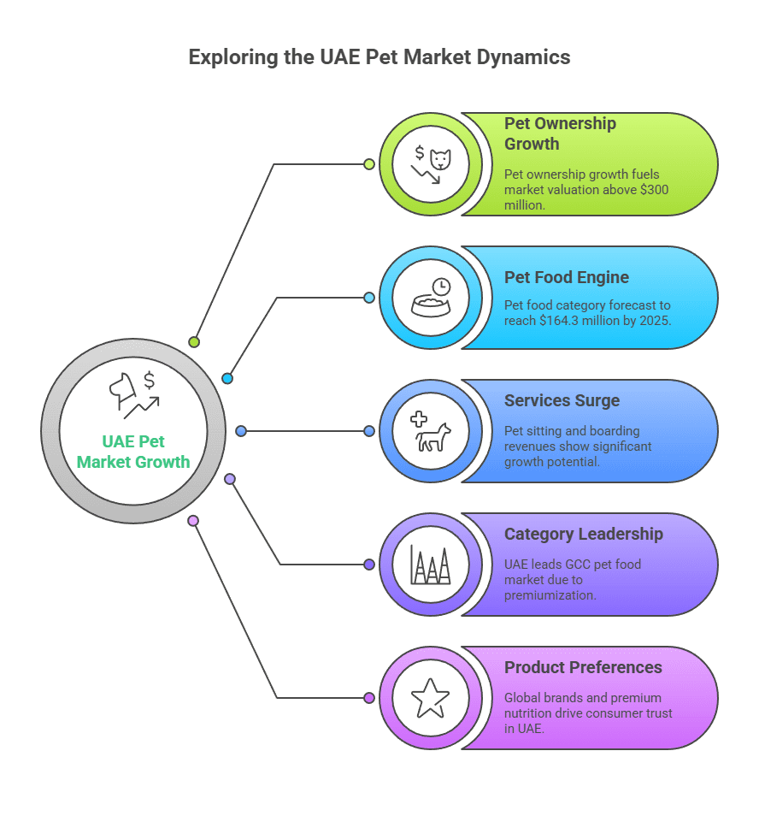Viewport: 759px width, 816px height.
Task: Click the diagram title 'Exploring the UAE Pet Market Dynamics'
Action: pyautogui.click(x=379, y=58)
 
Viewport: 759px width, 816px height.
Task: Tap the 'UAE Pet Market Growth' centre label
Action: pyautogui.click(x=133, y=452)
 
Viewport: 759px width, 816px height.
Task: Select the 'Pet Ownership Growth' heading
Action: pyautogui.click(x=560, y=133)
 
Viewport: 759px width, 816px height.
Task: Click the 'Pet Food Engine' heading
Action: pyautogui.click(x=566, y=277)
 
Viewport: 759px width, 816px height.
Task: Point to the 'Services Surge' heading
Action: pyautogui.click(x=562, y=400)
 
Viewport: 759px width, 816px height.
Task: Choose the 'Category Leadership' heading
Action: pyautogui.click(x=583, y=534)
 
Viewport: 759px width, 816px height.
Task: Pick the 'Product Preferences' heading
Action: pyautogui.click(x=583, y=667)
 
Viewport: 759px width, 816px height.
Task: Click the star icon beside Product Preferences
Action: pyautogui.click(x=430, y=698)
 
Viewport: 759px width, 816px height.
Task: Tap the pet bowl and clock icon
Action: pyautogui.click(x=430, y=297)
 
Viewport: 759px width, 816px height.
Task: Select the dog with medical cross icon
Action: pyautogui.click(x=430, y=430)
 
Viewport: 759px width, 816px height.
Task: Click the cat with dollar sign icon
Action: pyautogui.click(x=430, y=164)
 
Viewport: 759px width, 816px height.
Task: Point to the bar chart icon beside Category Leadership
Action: pyautogui.click(x=430, y=564)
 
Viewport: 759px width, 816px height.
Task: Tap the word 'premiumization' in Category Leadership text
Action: pyautogui.click(x=550, y=595)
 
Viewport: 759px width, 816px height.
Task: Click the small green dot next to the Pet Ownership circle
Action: pyautogui.click(x=369, y=164)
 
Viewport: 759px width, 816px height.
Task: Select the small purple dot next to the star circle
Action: pyautogui.click(x=369, y=698)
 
